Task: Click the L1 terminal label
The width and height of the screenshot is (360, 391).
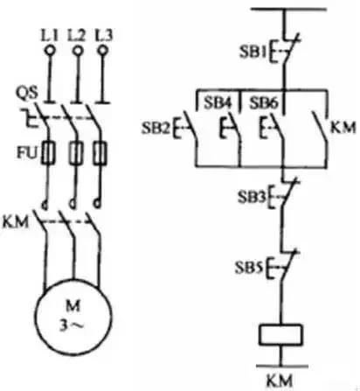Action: [x=49, y=36]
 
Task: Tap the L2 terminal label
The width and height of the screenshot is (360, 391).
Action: [x=77, y=36]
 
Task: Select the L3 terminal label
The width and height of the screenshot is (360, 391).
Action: [x=104, y=36]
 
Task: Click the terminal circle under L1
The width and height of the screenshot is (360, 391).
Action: [x=50, y=51]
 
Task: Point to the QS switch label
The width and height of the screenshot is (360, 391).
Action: [x=27, y=94]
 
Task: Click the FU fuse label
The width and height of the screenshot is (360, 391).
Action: [x=27, y=153]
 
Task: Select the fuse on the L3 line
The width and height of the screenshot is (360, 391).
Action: [x=100, y=153]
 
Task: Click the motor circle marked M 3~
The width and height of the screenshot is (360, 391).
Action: [x=73, y=318]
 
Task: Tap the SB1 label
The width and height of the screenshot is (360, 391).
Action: [x=253, y=52]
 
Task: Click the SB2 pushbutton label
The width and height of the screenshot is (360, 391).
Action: [x=156, y=128]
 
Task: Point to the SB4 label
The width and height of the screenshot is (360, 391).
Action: [x=218, y=102]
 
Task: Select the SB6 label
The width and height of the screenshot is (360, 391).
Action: [x=264, y=102]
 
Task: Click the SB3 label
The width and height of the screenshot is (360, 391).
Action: [x=252, y=197]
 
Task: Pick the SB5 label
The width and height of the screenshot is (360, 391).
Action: [x=249, y=268]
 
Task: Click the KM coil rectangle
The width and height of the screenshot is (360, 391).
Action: [x=280, y=335]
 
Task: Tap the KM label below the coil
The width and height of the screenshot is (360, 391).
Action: [x=280, y=381]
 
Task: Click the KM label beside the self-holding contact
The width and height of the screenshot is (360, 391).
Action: [x=343, y=128]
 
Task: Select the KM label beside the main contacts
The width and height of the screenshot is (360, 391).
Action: [x=16, y=222]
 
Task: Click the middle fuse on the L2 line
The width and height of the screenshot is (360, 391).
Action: [x=76, y=153]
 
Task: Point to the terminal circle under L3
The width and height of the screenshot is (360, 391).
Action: [x=103, y=51]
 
